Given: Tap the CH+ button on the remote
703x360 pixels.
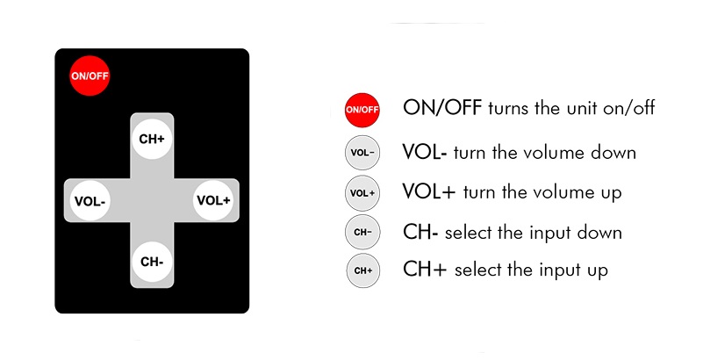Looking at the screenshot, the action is pos(152,140).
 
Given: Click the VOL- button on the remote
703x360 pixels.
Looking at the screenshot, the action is pos(90,201).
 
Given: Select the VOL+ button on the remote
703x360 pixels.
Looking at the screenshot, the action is pos(213,200).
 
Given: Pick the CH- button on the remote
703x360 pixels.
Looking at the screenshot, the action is pos(152,262).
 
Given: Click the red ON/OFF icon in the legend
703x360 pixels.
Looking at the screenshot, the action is pos(362,110).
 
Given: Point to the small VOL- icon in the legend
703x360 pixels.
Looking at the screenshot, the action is pos(362,153).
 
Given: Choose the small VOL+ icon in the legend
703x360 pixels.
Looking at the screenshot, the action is pos(362,193).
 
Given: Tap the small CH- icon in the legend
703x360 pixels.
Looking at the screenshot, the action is pos(362,232).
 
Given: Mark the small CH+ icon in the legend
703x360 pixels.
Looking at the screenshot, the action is pos(363,270).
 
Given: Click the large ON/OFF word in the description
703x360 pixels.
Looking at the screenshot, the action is pos(442,108).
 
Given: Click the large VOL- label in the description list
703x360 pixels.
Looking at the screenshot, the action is pos(425,152).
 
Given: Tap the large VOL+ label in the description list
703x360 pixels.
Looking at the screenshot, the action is pos(428,191).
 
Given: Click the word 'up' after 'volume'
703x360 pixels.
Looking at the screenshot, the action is pos(611,193).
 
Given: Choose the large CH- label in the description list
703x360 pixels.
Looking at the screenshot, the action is pos(420,232).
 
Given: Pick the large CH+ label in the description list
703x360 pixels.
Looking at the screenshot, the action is pos(425,269).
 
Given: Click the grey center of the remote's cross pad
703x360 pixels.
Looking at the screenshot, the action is pos(152,200).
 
